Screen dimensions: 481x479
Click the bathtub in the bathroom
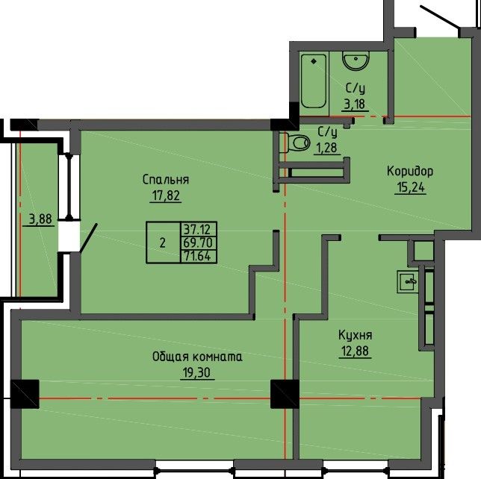(x=313, y=81)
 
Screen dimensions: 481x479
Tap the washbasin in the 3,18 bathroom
(x=356, y=61)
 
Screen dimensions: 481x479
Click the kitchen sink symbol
(x=408, y=281)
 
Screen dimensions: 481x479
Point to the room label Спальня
(x=166, y=180)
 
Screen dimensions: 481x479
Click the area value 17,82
(x=166, y=195)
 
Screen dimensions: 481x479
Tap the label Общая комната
(x=197, y=357)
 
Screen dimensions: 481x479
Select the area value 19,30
(x=197, y=372)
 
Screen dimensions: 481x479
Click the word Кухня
(x=356, y=335)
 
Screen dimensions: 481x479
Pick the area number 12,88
(x=356, y=351)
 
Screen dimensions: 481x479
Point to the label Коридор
(x=410, y=172)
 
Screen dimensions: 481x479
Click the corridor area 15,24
(x=411, y=187)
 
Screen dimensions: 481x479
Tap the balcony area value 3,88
(x=40, y=219)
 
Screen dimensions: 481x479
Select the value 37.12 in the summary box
(x=198, y=228)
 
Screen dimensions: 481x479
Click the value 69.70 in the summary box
(x=198, y=242)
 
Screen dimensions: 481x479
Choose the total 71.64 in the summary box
(x=198, y=256)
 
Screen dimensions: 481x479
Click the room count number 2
(x=163, y=242)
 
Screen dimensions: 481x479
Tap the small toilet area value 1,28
(x=326, y=148)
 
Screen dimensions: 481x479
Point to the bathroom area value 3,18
(x=355, y=104)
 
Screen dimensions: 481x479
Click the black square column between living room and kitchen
(x=285, y=394)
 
